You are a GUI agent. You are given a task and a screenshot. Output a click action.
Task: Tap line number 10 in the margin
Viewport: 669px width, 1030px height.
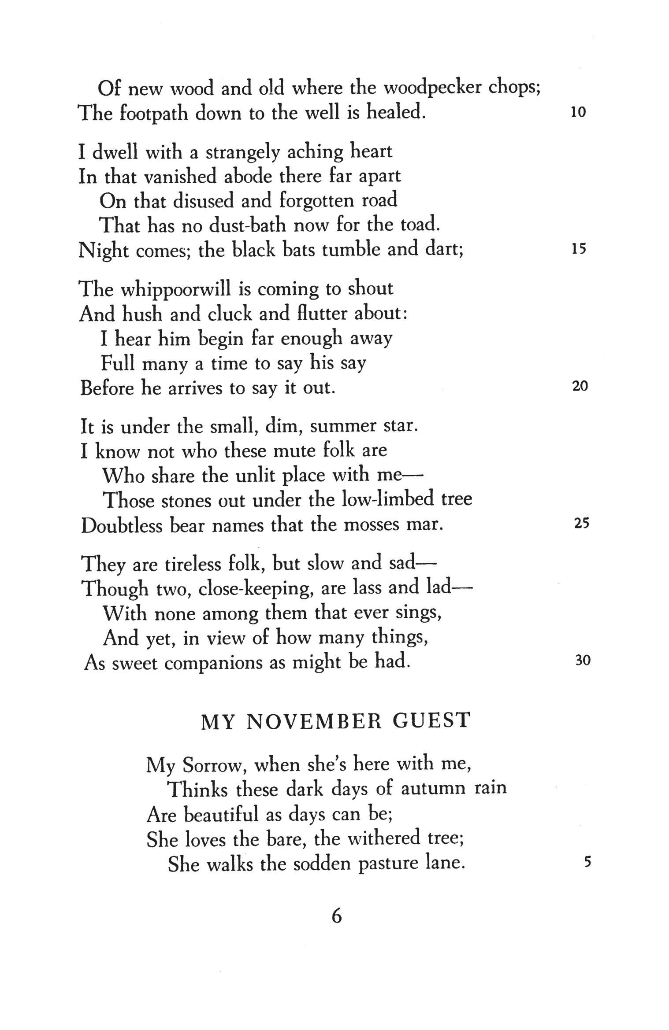pos(578,113)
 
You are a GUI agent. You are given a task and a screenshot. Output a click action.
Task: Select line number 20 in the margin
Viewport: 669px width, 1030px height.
pos(580,387)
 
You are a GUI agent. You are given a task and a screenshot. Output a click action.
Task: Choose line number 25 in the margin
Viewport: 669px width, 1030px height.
pos(581,524)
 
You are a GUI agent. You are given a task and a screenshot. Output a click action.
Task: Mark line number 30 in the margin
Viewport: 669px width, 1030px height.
pos(582,661)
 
